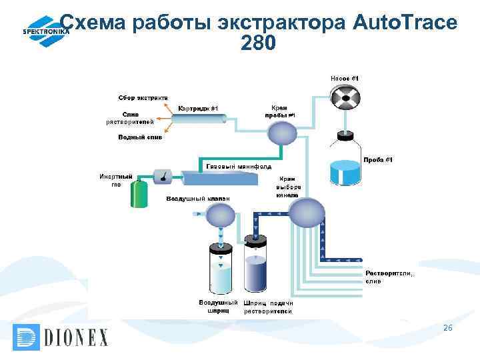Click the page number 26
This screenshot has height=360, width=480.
pyautogui.click(x=447, y=327)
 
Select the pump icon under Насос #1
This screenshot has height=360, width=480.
pyautogui.click(x=345, y=100)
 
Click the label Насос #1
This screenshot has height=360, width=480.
pyautogui.click(x=345, y=78)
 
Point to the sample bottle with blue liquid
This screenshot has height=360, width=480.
pyautogui.click(x=345, y=165)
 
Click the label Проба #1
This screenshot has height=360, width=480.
pyautogui.click(x=378, y=159)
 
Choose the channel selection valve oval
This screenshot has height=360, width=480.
pyautogui.click(x=305, y=213)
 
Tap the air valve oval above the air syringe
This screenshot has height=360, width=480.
pyautogui.click(x=219, y=214)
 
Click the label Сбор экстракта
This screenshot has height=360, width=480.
pyautogui.click(x=143, y=98)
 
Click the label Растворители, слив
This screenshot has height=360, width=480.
pyautogui.click(x=389, y=277)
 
